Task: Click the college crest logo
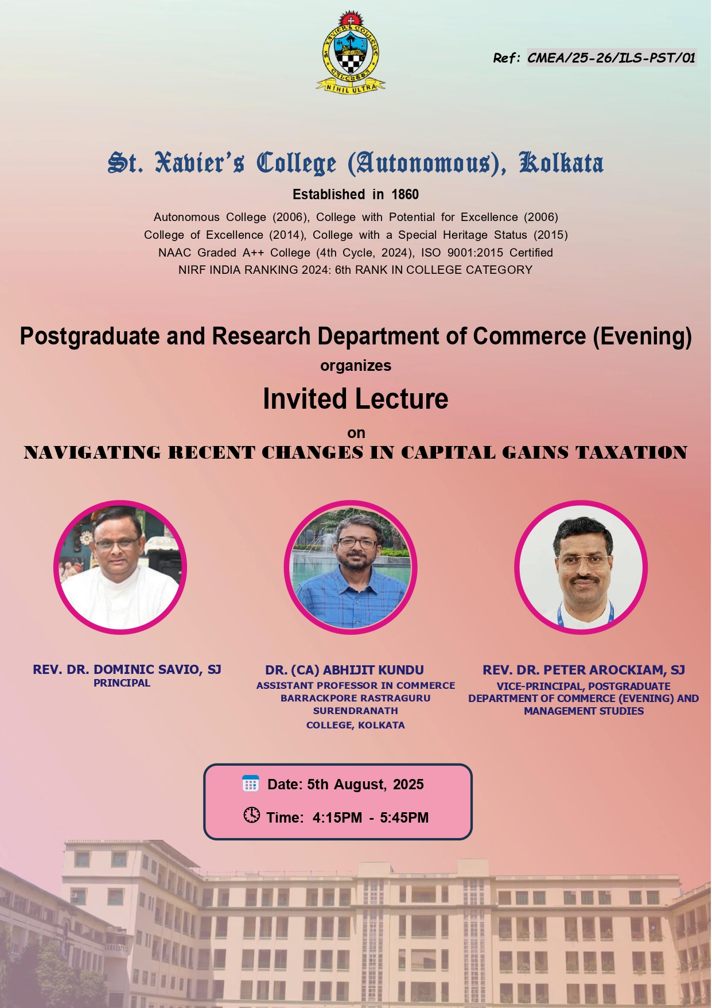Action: pos(351,52)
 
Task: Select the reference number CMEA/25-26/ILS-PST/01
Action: pos(612,58)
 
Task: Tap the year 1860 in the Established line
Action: pos(405,195)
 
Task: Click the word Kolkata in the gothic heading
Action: pos(561,163)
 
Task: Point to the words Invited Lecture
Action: pos(356,399)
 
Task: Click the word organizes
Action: pos(356,366)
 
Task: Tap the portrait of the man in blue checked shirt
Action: pos(351,567)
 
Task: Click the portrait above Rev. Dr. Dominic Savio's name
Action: pos(120,567)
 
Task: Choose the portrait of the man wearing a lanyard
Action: pos(581,567)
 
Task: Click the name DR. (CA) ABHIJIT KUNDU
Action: pos(344,670)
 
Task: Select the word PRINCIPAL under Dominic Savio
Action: pos(122,683)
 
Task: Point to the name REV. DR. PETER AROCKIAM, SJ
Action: pos(583,670)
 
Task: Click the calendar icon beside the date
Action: pos(251,784)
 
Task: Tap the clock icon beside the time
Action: pos(251,815)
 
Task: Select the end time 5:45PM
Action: pos(404,818)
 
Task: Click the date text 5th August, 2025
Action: pos(365,785)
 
